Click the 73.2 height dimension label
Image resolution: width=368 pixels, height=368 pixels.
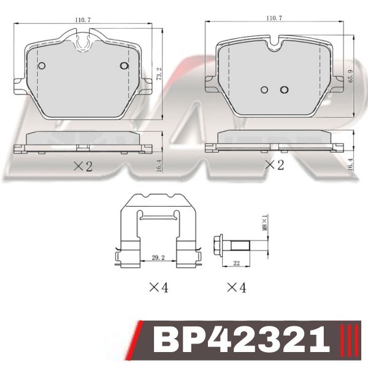159,74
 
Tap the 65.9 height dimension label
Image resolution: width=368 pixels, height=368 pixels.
351,76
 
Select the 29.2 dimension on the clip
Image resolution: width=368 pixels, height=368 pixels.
158,258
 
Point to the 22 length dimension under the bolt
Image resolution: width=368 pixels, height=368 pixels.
236,263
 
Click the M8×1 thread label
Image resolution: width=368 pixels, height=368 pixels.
265,222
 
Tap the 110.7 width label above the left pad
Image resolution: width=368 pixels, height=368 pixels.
83,20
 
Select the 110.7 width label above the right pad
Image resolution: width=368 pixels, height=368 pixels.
274,18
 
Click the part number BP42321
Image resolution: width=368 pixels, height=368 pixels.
241,340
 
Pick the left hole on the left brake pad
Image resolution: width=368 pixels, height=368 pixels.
42,66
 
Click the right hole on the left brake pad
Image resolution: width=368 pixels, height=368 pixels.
124,66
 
